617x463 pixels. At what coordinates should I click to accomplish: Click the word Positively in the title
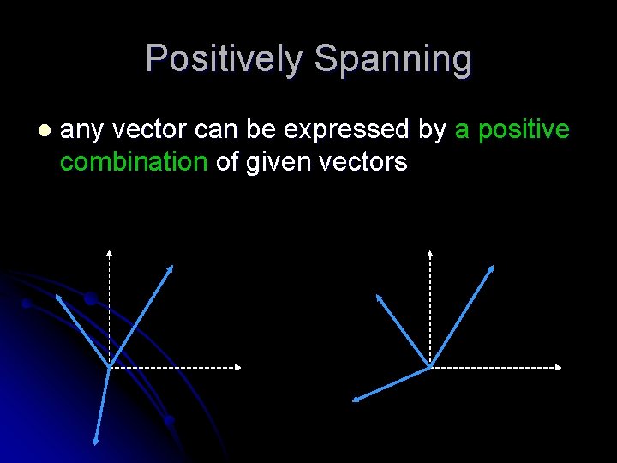[x=225, y=59]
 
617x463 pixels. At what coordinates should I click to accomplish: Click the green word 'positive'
[x=524, y=129]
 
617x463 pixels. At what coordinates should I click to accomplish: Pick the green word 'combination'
[x=135, y=162]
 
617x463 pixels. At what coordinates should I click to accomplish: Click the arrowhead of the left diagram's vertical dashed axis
[x=109, y=253]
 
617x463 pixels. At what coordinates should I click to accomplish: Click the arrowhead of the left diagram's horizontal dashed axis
[x=239, y=368]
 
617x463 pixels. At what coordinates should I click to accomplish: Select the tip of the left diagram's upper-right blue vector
[x=172, y=267]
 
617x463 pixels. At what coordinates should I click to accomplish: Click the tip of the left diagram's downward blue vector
[x=95, y=442]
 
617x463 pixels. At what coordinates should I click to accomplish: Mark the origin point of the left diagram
[x=109, y=368]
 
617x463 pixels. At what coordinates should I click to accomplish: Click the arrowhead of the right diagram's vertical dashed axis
[x=430, y=253]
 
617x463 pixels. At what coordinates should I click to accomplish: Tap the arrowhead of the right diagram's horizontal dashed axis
[x=560, y=368]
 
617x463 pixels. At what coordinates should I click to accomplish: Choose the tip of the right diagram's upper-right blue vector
[x=493, y=267]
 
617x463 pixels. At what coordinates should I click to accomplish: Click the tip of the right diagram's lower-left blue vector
[x=356, y=400]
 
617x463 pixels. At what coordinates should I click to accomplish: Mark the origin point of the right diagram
[x=430, y=368]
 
